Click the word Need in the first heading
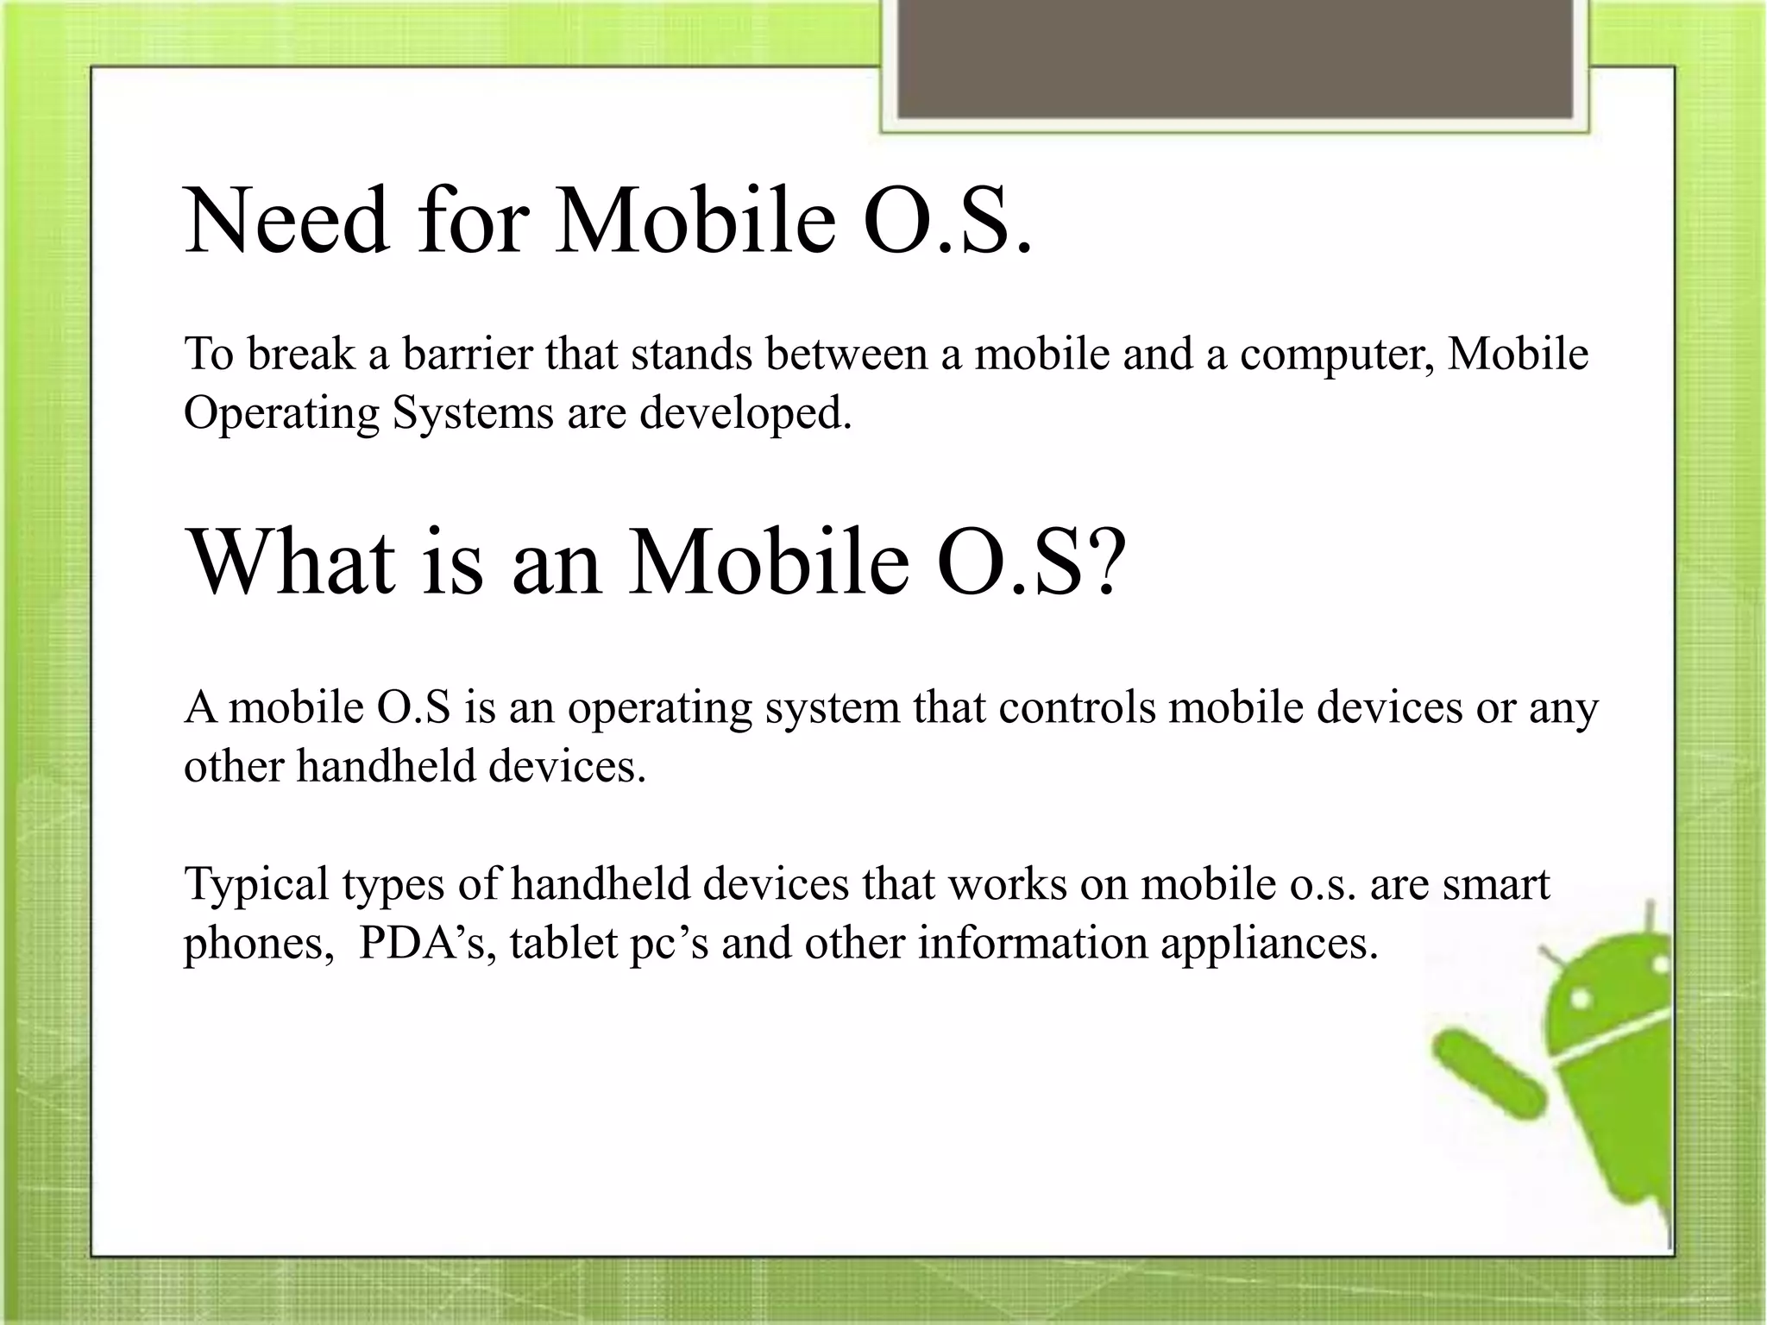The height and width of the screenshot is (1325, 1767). [286, 223]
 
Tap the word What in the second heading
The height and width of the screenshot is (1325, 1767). [292, 562]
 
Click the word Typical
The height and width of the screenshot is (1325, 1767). [256, 885]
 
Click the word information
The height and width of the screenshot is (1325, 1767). [1032, 943]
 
